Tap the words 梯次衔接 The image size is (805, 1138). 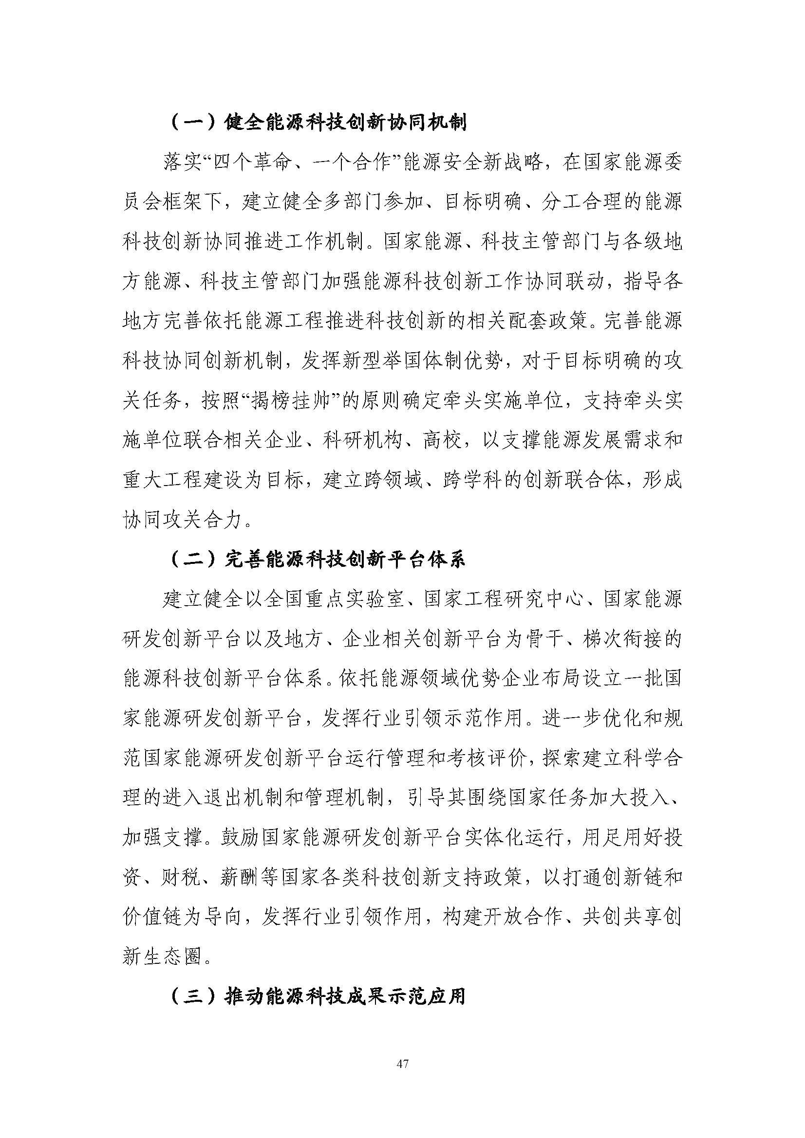point(622,639)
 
